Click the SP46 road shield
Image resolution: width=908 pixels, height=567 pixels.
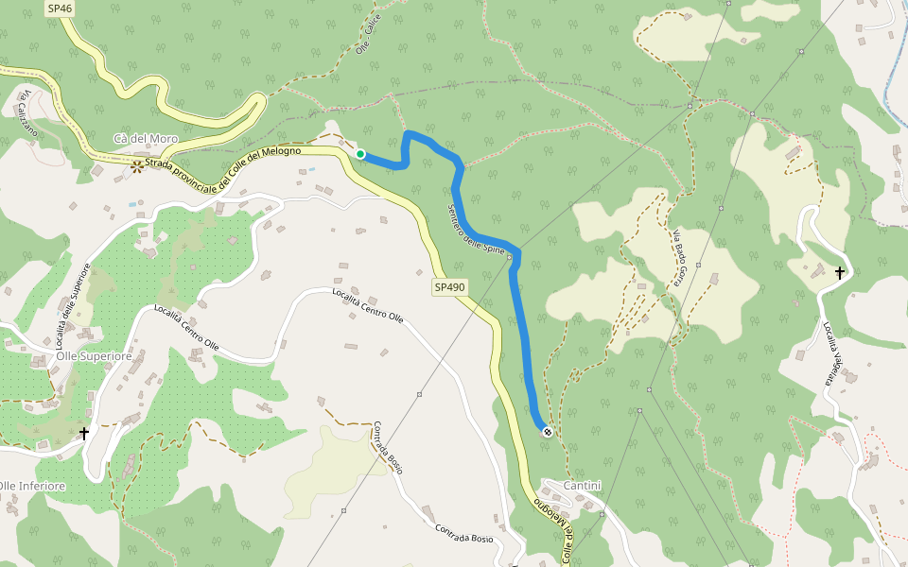[59, 8]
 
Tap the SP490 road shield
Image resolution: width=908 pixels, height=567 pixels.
[450, 286]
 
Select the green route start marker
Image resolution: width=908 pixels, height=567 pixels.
[360, 154]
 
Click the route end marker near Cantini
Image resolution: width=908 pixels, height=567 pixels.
[547, 432]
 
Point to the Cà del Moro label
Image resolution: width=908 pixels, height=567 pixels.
[145, 139]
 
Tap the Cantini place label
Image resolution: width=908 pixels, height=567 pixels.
[582, 485]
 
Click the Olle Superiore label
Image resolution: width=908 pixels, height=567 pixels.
[94, 356]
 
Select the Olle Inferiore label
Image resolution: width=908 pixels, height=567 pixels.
[33, 486]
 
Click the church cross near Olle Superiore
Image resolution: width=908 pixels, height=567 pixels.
[84, 433]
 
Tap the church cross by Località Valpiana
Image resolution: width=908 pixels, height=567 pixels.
[839, 273]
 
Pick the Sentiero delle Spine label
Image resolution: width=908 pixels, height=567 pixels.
[475, 228]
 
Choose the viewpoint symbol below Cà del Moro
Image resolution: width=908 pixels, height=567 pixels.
[138, 165]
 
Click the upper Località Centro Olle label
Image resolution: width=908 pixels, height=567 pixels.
[368, 305]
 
